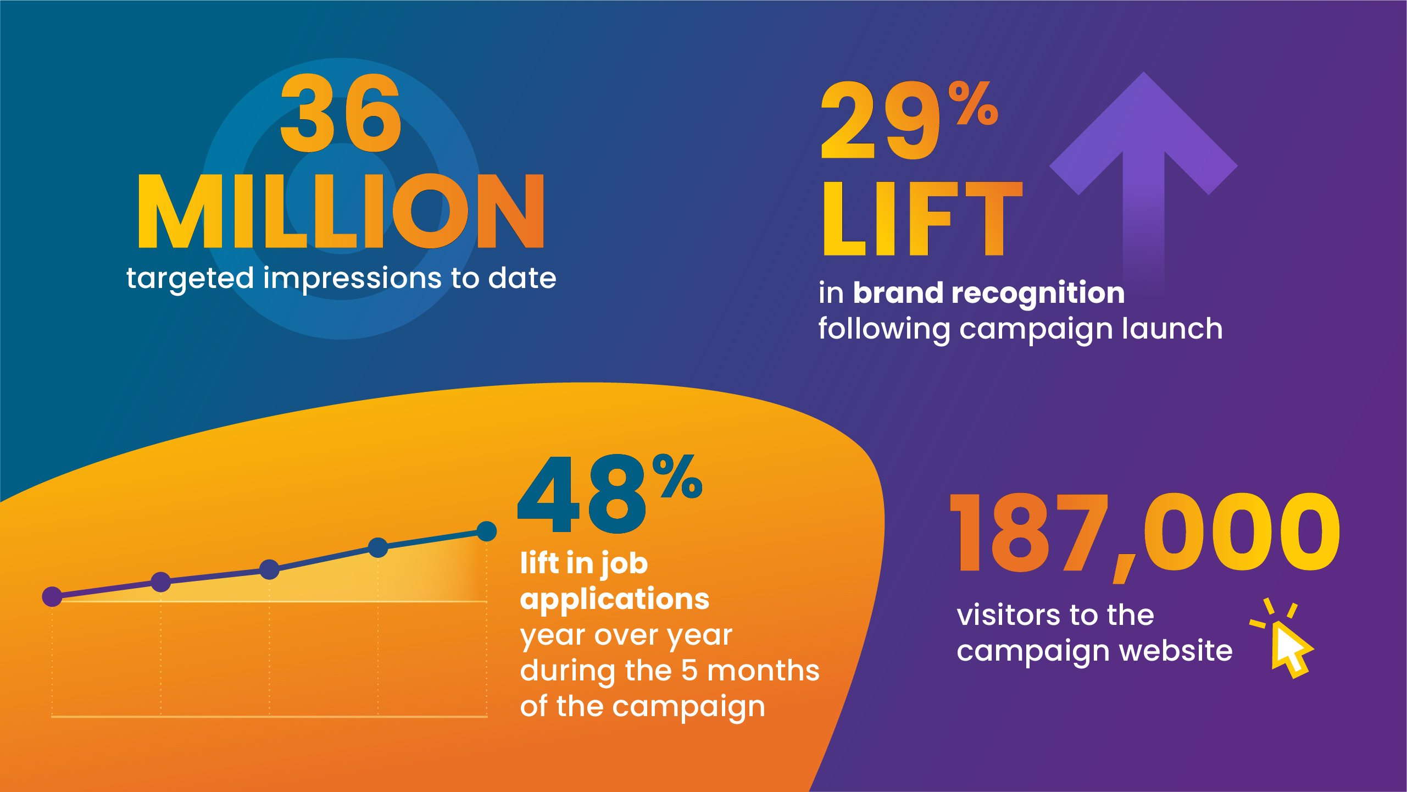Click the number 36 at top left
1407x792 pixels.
tap(341, 114)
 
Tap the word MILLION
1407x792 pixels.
tap(341, 212)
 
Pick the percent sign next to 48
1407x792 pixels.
tap(677, 477)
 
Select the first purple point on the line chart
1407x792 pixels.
tap(52, 596)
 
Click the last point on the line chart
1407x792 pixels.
tap(487, 531)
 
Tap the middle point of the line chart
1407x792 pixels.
tap(269, 569)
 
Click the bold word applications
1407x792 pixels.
tap(615, 599)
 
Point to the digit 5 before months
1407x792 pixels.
tap(689, 671)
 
